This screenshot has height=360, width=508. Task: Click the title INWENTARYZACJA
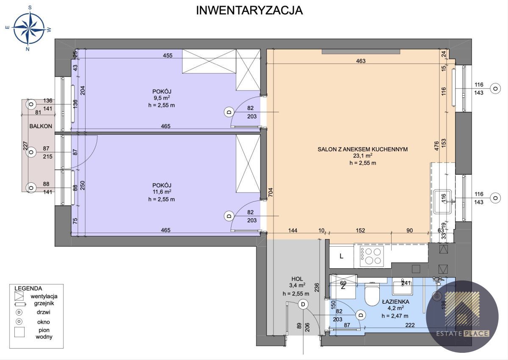point(249,11)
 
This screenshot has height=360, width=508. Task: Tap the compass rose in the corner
point(28,28)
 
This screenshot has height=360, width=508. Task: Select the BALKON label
point(41,126)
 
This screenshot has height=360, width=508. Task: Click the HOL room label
point(297,279)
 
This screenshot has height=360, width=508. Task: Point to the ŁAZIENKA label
point(396,302)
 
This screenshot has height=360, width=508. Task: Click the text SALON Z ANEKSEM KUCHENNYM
point(363,149)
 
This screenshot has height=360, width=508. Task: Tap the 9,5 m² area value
point(162,98)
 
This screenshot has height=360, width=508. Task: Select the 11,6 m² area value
point(162,192)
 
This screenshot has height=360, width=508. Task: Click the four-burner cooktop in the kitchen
point(372,256)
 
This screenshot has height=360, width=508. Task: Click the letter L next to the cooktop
point(341,256)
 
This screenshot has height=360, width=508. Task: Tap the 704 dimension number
point(271,192)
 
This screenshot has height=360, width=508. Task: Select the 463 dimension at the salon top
point(361,61)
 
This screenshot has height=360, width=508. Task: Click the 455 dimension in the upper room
point(168,55)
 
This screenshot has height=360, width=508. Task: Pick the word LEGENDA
point(28,289)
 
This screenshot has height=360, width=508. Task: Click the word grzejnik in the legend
point(44,303)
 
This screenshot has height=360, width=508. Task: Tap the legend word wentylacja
point(44,297)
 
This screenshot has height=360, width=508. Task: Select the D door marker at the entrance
point(303,304)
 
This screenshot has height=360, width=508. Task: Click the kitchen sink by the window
point(442,202)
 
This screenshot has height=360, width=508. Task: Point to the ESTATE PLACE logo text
point(463,333)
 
